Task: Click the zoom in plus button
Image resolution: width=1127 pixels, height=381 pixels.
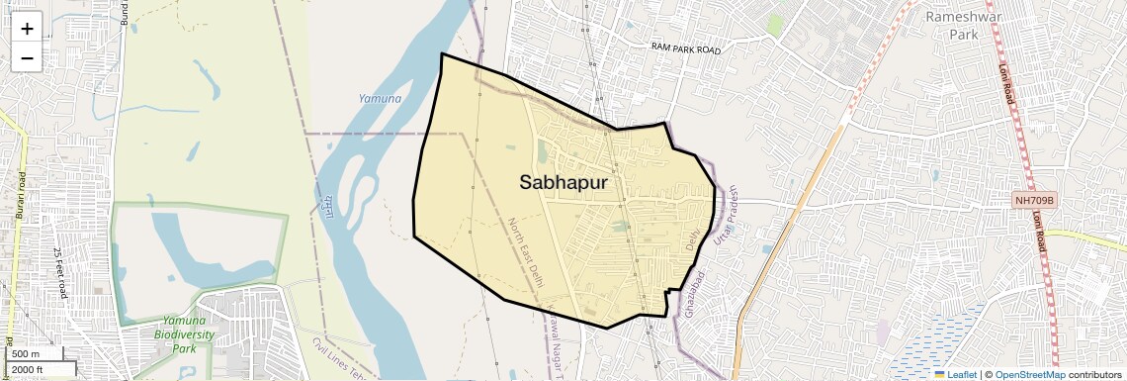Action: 27,29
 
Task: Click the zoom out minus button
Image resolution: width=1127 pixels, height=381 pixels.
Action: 27,58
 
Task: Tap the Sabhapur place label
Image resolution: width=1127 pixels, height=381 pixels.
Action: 563,182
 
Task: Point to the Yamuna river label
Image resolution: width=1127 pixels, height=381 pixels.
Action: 380,99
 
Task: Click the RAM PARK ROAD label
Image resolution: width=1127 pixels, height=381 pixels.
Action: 686,48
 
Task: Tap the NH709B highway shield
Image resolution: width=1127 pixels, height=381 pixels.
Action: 1035,201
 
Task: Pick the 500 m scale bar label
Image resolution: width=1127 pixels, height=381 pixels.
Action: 26,354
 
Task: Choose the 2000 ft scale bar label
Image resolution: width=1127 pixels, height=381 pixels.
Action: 29,369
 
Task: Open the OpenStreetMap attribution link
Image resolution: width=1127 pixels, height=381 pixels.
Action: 1029,375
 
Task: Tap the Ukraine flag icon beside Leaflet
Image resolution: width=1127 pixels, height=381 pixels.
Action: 940,375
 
